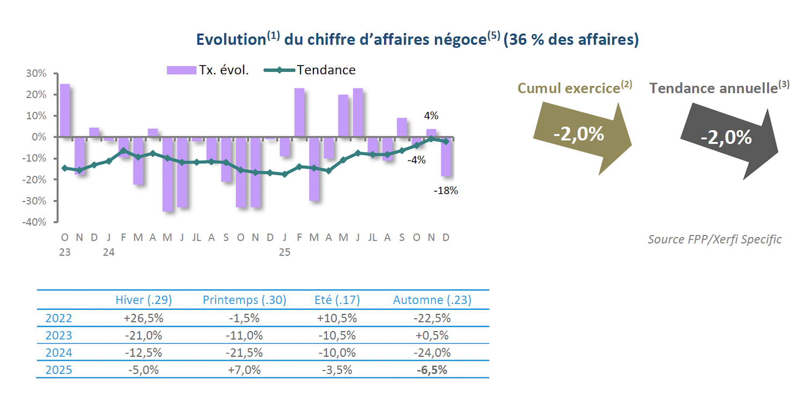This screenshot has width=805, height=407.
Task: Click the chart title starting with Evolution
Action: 417,40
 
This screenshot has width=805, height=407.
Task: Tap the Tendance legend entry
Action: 310,70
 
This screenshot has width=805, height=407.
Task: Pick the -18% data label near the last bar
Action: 446,190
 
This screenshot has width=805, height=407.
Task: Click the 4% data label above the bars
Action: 431,115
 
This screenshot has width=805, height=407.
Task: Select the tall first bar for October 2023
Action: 65,110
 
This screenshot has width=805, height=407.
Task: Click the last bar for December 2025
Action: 446,157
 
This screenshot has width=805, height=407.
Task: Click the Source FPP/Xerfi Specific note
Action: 714,239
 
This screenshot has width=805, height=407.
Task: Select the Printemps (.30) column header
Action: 244,300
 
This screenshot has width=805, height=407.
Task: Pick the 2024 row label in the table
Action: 58,353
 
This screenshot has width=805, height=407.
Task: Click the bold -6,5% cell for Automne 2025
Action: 432,370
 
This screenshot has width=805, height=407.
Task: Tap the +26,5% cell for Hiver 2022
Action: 143,318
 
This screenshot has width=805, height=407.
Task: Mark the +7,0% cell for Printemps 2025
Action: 244,370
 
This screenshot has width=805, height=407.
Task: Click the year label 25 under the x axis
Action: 284,251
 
